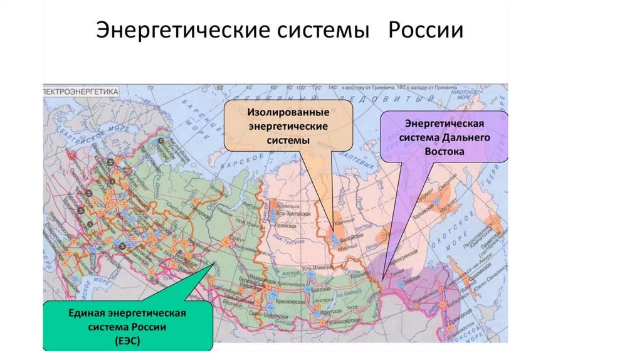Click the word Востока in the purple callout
tap(443, 152)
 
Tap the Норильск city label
tap(290, 206)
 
